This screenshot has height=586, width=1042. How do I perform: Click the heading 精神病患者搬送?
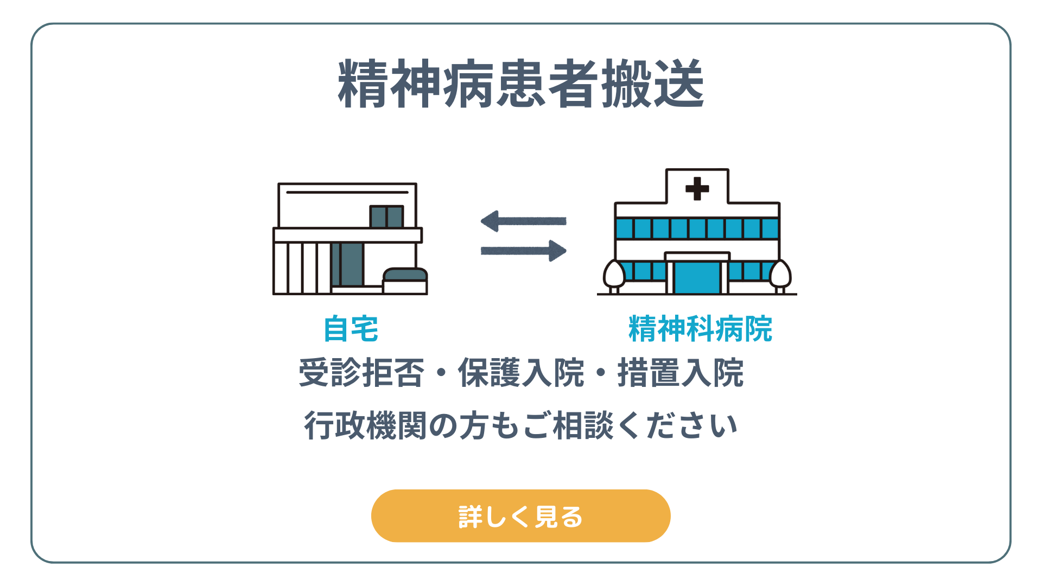pyautogui.click(x=521, y=84)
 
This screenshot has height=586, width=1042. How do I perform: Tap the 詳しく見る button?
pyautogui.click(x=521, y=516)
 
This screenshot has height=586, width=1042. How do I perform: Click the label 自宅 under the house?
pyautogui.click(x=351, y=329)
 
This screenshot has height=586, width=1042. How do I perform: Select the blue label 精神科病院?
pyautogui.click(x=700, y=329)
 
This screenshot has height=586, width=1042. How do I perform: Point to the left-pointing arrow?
pyautogui.click(x=523, y=221)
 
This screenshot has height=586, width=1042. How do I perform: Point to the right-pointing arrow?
pyautogui.click(x=523, y=251)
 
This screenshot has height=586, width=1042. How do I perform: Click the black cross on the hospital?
pyautogui.click(x=697, y=189)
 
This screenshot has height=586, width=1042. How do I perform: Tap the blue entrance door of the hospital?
pyautogui.click(x=697, y=277)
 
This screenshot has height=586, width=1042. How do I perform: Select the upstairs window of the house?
pyautogui.click(x=386, y=216)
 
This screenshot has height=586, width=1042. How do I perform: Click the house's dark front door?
pyautogui.click(x=348, y=264)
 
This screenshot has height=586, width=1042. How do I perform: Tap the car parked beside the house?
pyautogui.click(x=405, y=281)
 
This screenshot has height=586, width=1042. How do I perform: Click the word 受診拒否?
pyautogui.click(x=361, y=373)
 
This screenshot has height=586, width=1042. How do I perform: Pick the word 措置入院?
pyautogui.click(x=681, y=373)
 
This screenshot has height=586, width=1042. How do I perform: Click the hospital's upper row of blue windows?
pyautogui.click(x=697, y=228)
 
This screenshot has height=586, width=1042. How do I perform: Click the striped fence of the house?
pyautogui.click(x=302, y=268)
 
